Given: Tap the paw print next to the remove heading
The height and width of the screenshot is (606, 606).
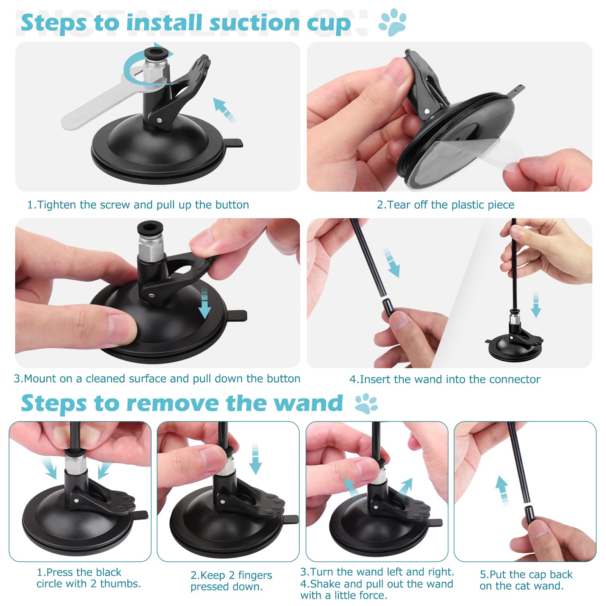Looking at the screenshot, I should click(366, 403).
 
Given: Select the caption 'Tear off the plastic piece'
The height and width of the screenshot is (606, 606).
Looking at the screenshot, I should click(445, 205).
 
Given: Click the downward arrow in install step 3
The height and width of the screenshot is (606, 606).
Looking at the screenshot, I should click(205, 303).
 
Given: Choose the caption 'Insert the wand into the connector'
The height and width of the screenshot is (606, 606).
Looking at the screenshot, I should click(445, 379).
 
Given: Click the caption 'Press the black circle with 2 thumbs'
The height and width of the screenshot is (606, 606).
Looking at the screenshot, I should click(88, 578).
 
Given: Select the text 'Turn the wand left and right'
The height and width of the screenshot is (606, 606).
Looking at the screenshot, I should click(377, 572).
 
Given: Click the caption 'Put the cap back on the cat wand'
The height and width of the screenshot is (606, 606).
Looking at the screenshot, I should click(526, 580).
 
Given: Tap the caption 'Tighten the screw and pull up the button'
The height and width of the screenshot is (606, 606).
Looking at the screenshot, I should click(138, 205).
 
